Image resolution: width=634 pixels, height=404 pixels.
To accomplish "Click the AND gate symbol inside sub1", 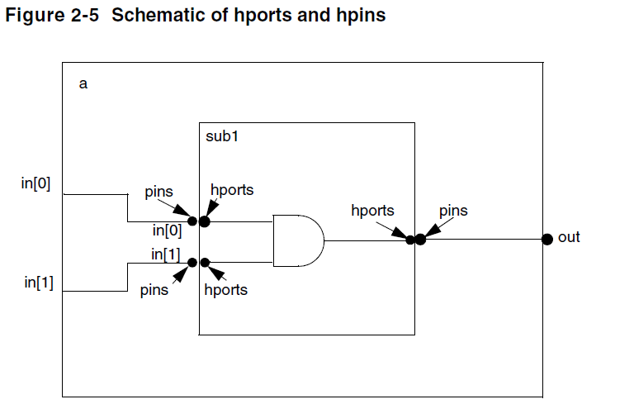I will tap(297, 240).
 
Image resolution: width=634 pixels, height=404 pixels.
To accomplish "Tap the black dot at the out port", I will tap(546, 239).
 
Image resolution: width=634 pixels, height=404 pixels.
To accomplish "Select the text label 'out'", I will tap(570, 238).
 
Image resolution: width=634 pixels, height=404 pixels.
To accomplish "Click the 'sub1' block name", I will tap(222, 136).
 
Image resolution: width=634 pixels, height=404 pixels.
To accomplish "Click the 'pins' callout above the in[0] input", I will tap(158, 192).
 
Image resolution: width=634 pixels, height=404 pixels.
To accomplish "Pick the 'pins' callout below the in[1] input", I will tap(154, 290).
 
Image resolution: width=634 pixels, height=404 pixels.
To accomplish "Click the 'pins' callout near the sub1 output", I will tap(452, 211).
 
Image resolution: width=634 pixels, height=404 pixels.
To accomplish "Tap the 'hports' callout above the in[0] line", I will tap(232, 190).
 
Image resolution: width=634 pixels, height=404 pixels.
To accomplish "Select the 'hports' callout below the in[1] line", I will tap(225, 290).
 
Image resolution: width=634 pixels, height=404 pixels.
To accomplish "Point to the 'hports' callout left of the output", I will tap(372, 211).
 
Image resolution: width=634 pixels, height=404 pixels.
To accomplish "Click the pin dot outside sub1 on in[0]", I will tap(192, 221).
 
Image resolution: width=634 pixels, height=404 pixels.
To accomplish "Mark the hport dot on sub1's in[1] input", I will tap(205, 263).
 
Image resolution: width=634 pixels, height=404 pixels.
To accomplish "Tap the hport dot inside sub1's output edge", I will tap(409, 240).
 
